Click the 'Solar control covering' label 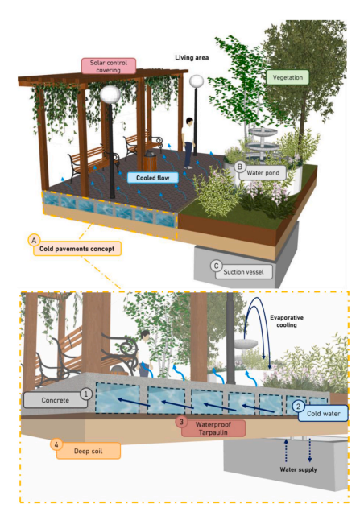coord(109,66)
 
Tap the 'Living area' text coord(192,57)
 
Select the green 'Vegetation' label coord(288,77)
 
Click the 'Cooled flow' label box coord(153,178)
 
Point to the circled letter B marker coord(240,167)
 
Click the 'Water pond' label coord(263,173)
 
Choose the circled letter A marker coord(34,241)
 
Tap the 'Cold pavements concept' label coord(77,249)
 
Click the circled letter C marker coord(216,266)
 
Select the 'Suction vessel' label coord(243,271)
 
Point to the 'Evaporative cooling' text coord(287,321)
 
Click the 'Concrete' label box coord(56,400)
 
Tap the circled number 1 coord(86,394)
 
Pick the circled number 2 coord(298,407)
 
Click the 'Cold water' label coord(323,414)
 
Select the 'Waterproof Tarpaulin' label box coord(213,428)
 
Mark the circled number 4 coord(56,444)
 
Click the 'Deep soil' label coord(89,451)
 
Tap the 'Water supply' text coord(298,469)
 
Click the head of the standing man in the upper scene coord(189,121)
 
